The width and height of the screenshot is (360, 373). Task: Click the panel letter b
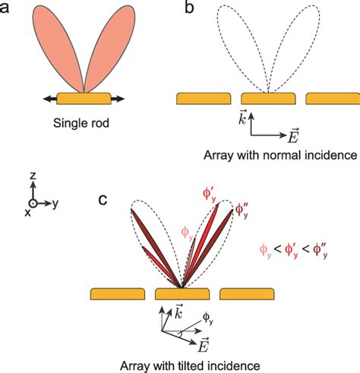click(x=188, y=10)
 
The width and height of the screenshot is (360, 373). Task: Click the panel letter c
click(x=106, y=200)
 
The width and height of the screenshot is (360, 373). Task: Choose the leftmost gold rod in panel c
click(x=116, y=293)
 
